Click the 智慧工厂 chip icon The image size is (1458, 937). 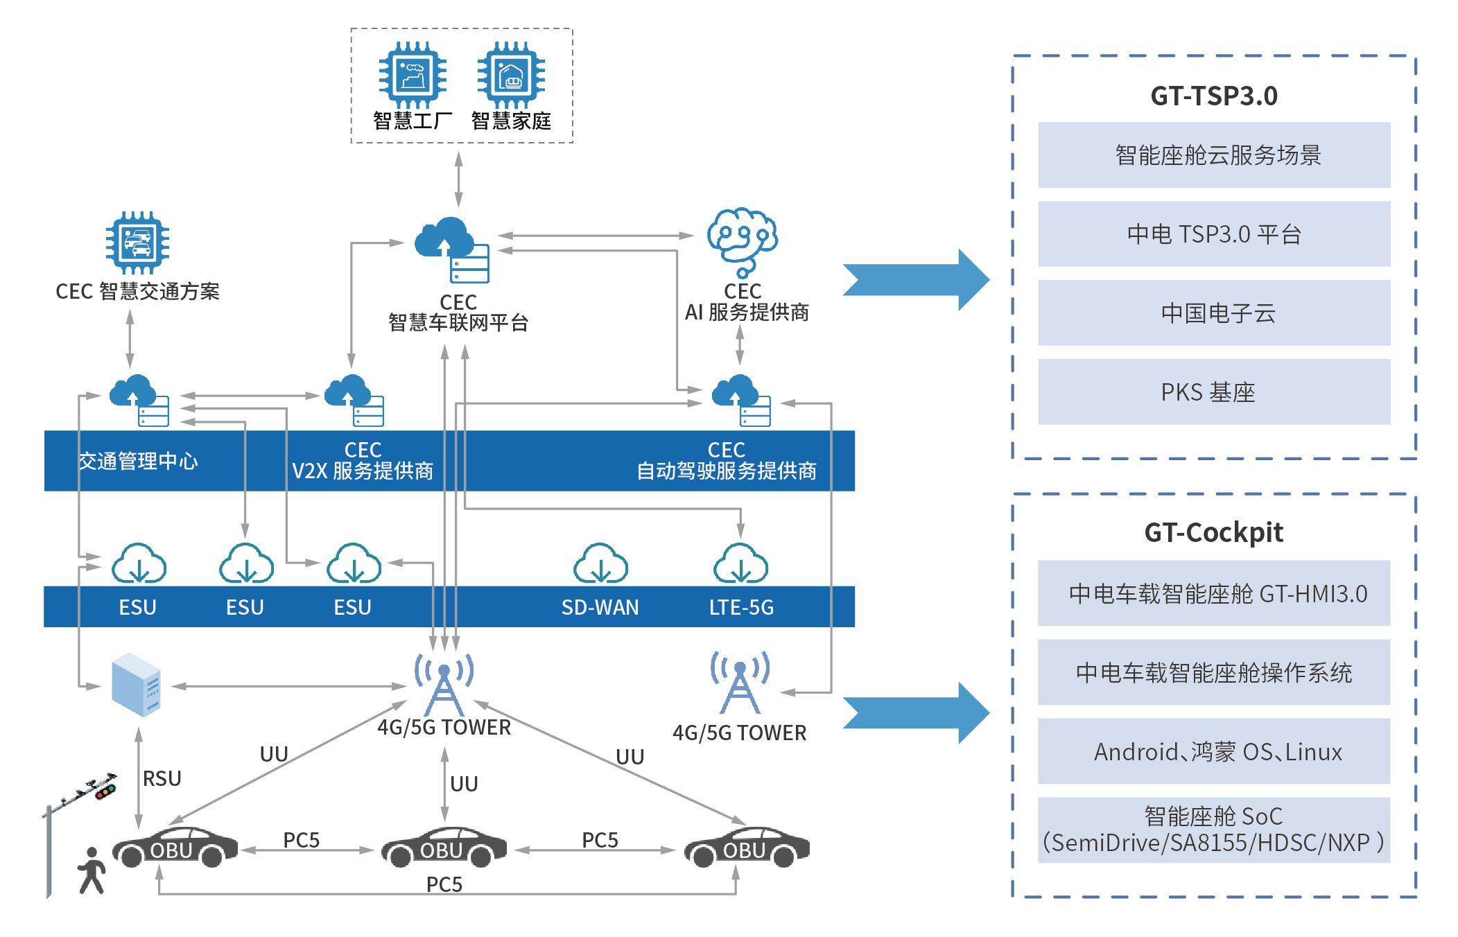tap(413, 75)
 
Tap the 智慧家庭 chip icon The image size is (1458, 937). tap(511, 75)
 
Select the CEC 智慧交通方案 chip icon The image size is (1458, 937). tap(137, 243)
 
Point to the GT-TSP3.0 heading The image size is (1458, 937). tap(1214, 96)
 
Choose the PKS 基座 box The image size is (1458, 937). tap(1214, 392)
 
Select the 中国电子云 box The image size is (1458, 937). tap(1214, 313)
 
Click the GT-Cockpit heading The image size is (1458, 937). tap(1213, 532)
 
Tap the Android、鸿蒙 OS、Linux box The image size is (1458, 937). tap(1214, 751)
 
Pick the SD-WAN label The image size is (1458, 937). tap(600, 607)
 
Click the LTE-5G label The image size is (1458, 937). tap(741, 607)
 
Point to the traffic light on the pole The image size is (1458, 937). tap(105, 790)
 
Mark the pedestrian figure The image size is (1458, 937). tap(92, 870)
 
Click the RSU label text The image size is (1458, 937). tap(162, 778)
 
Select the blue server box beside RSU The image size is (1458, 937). tap(137, 685)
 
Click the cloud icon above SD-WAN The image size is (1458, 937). tap(600, 563)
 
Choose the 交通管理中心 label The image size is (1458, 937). tap(138, 461)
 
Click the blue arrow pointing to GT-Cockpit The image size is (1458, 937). tap(915, 712)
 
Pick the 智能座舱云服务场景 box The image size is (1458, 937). tap(1214, 155)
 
